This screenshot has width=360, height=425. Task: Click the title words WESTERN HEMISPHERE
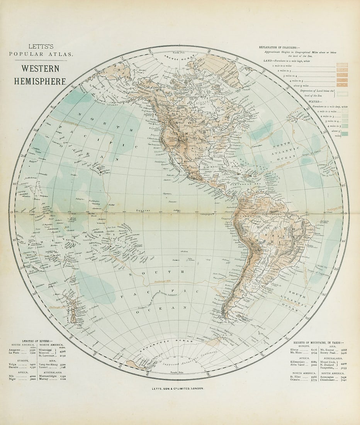[x=40, y=75]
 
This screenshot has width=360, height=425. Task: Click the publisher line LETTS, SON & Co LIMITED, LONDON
[x=180, y=388]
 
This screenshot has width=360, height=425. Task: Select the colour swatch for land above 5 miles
[x=342, y=85]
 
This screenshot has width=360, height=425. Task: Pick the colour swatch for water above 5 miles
[x=342, y=134]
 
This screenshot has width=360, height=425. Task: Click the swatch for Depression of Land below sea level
[x=342, y=93]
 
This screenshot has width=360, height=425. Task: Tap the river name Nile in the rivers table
[x=12, y=376]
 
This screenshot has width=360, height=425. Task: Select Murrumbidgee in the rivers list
[x=48, y=376]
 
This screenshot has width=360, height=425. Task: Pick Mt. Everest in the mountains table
[x=327, y=349]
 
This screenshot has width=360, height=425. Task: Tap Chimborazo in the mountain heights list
[x=328, y=380]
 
